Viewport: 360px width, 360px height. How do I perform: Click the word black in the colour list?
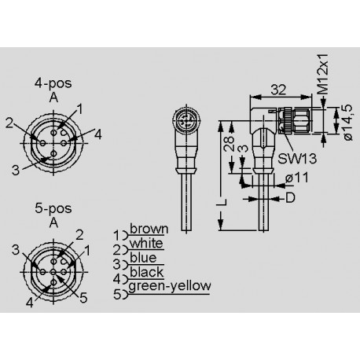click(145, 273)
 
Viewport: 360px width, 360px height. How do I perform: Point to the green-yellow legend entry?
click(168, 285)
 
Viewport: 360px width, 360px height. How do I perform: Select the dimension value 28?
click(227, 143)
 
